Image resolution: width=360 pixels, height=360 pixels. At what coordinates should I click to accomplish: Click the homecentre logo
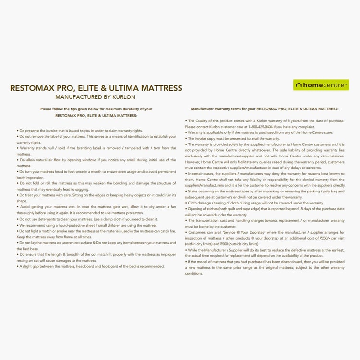(x=321, y=85)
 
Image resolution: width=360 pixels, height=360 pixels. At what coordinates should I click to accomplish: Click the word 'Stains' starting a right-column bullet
(x=193, y=191)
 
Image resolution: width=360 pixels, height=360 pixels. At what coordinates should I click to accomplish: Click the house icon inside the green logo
(x=299, y=85)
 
